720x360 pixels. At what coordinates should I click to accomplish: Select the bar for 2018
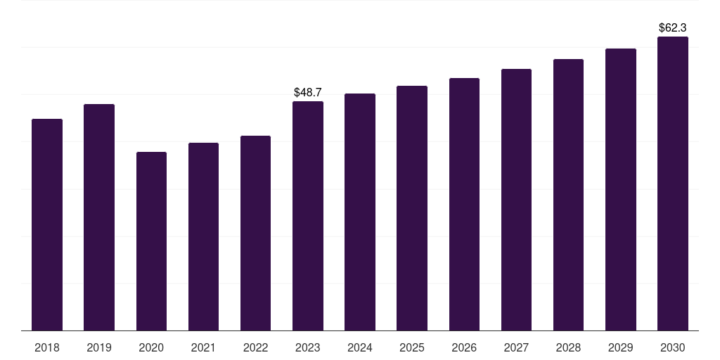[47, 224]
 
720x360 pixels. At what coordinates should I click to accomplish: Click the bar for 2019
[99, 217]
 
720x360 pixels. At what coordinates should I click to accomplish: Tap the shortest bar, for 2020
[152, 241]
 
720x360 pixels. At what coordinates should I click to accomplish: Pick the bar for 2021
[203, 236]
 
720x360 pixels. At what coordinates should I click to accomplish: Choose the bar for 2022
[256, 233]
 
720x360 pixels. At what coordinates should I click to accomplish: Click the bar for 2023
[308, 216]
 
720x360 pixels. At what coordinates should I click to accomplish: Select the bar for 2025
[412, 208]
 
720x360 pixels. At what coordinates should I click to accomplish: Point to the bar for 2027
[516, 200]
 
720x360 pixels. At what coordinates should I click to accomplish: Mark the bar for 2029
[621, 190]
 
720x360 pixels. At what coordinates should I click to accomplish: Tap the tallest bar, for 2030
[673, 184]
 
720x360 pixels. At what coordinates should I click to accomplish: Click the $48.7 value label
[308, 92]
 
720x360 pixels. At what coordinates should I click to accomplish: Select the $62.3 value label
[673, 27]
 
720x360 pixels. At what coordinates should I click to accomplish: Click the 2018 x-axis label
[47, 348]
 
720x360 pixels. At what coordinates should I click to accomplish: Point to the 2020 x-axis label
[151, 348]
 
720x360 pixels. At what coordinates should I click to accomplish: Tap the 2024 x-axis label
[360, 348]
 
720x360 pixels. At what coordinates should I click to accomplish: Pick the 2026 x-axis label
[464, 348]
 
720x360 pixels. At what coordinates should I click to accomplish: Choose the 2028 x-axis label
[568, 348]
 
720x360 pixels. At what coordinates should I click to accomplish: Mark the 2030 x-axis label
[673, 348]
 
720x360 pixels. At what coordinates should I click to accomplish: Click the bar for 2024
[360, 212]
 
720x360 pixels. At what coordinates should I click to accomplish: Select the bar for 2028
[568, 195]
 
